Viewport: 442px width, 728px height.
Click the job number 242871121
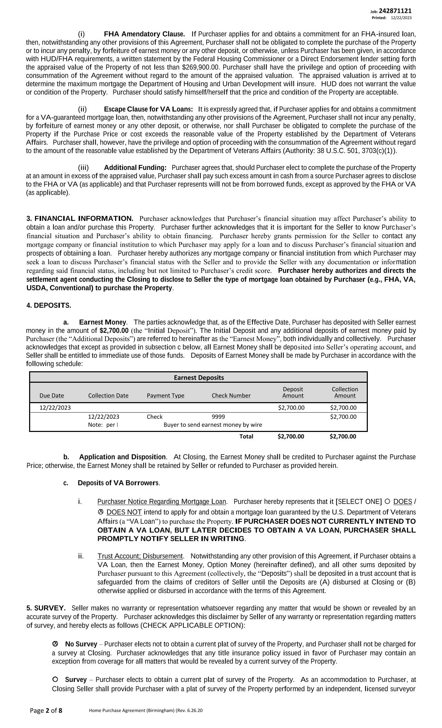coord(395,11)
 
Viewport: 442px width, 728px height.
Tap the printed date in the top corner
coord(401,18)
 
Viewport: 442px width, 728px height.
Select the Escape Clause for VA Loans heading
coord(148,109)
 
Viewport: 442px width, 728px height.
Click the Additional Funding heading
coord(135,168)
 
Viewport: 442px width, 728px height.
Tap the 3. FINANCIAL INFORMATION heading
coord(80,219)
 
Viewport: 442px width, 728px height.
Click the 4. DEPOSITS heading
coord(49,306)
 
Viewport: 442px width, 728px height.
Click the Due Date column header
coord(52,396)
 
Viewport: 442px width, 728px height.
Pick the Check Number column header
coord(231,396)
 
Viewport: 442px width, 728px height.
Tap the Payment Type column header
coord(165,396)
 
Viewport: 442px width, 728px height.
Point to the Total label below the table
coord(246,436)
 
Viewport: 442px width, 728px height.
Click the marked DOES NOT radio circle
coord(101,512)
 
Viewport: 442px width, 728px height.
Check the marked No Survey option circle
coord(55,644)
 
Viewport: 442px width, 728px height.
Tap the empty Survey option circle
coord(55,679)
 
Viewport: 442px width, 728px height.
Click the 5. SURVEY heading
coord(46,608)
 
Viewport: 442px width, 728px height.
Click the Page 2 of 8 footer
coord(46,711)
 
